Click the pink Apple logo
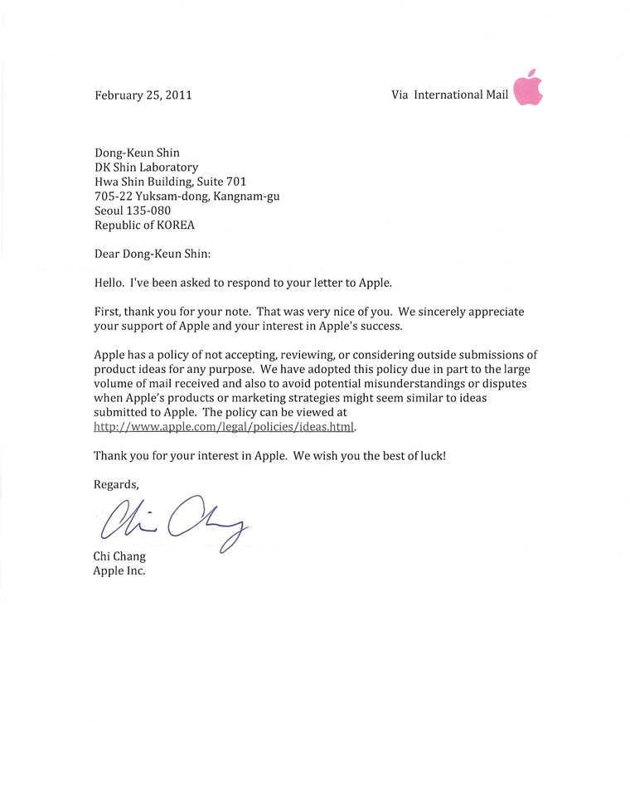(x=529, y=88)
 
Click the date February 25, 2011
(x=143, y=95)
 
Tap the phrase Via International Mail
(x=449, y=95)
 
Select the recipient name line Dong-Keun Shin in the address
(x=137, y=153)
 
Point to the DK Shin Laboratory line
(x=146, y=167)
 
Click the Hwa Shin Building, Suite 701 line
(x=170, y=181)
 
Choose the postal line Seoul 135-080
(x=133, y=210)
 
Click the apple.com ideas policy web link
(x=224, y=427)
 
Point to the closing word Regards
(x=116, y=484)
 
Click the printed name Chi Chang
(x=119, y=557)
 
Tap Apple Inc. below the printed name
(x=119, y=571)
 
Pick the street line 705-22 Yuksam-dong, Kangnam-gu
(x=187, y=196)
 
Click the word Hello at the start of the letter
(x=109, y=282)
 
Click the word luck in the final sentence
(x=432, y=456)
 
